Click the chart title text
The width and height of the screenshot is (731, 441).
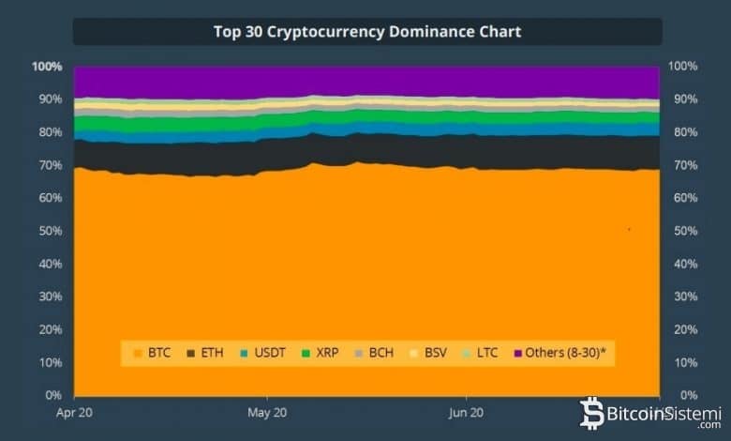367,32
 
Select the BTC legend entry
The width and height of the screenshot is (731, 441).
153,353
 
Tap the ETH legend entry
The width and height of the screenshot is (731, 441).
205,353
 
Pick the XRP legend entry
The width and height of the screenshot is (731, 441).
322,353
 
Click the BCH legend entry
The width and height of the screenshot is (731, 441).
375,353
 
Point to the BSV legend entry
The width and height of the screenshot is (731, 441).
429,353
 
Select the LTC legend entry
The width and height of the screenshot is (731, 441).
483,353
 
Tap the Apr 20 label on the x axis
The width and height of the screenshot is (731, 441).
73,412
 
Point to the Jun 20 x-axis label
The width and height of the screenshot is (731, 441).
466,412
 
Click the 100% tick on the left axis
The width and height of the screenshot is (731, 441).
47,67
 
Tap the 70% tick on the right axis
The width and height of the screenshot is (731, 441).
683,165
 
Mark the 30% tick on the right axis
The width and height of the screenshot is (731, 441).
683,297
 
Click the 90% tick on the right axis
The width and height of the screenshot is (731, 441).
683,99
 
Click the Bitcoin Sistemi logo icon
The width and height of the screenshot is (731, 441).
592,412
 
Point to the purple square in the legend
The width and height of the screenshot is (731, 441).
516,354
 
